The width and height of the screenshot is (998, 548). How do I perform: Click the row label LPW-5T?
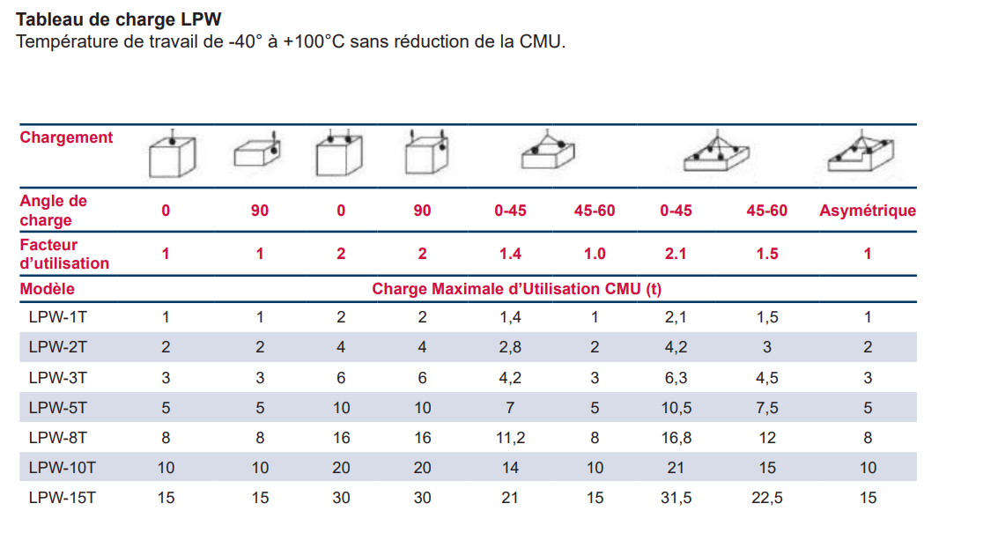click(x=58, y=408)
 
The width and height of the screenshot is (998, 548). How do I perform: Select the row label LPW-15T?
click(x=62, y=498)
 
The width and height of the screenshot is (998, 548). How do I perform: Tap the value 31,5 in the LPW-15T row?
click(x=676, y=498)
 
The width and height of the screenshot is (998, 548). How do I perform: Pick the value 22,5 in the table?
click(x=766, y=498)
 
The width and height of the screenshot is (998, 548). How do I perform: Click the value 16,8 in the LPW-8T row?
click(x=676, y=438)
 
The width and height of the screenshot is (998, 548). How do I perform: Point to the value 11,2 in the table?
click(x=511, y=438)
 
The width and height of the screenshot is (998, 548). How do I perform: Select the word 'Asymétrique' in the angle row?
click(x=868, y=211)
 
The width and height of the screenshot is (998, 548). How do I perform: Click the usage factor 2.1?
click(x=676, y=254)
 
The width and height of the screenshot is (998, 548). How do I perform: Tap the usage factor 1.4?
click(x=510, y=254)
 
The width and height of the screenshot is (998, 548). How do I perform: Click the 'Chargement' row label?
click(x=67, y=137)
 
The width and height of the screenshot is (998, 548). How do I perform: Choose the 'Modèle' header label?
click(x=48, y=289)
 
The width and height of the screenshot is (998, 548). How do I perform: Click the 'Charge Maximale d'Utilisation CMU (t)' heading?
click(x=516, y=289)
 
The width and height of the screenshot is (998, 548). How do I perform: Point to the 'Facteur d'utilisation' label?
click(x=64, y=254)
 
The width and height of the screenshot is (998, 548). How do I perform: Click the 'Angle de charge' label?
click(x=54, y=211)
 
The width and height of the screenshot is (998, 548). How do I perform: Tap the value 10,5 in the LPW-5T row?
click(x=676, y=408)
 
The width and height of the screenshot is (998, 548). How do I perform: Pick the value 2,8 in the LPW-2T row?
click(x=510, y=347)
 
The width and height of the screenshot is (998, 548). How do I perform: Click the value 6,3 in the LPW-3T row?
click(x=676, y=378)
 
